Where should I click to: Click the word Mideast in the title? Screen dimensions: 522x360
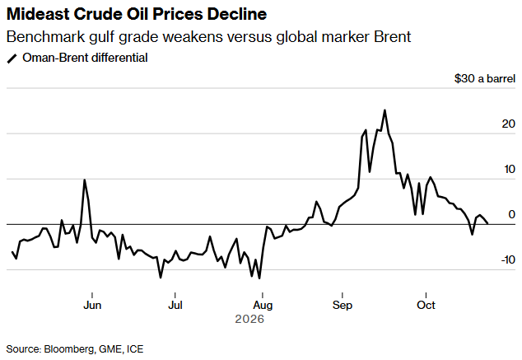pyautogui.click(x=38, y=14)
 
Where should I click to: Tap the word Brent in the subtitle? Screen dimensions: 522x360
pyautogui.click(x=392, y=36)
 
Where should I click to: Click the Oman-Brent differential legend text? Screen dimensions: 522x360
pyautogui.click(x=85, y=58)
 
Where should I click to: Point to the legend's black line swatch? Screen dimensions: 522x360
pyautogui.click(x=12, y=59)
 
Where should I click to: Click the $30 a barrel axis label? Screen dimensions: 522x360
pyautogui.click(x=485, y=78)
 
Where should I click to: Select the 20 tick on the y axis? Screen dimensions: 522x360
pyautogui.click(x=508, y=124)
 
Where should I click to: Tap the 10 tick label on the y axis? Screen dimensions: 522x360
pyautogui.click(x=510, y=169)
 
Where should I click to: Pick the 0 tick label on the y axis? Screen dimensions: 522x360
pyautogui.click(x=511, y=214)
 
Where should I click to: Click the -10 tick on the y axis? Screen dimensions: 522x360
pyautogui.click(x=508, y=259)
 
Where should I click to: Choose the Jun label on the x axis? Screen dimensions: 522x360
pyautogui.click(x=92, y=305)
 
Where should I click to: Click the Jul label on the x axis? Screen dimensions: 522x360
pyautogui.click(x=175, y=305)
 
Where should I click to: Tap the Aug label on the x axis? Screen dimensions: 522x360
pyautogui.click(x=263, y=306)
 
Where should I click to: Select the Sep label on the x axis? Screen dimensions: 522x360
pyautogui.click(x=343, y=306)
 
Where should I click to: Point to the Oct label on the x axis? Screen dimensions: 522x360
pyautogui.click(x=426, y=305)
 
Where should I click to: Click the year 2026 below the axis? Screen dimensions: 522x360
pyautogui.click(x=249, y=319)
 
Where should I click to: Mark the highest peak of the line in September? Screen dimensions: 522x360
pyautogui.click(x=385, y=110)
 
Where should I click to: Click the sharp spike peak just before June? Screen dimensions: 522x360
pyautogui.click(x=85, y=180)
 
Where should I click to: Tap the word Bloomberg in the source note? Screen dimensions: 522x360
pyautogui.click(x=69, y=349)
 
